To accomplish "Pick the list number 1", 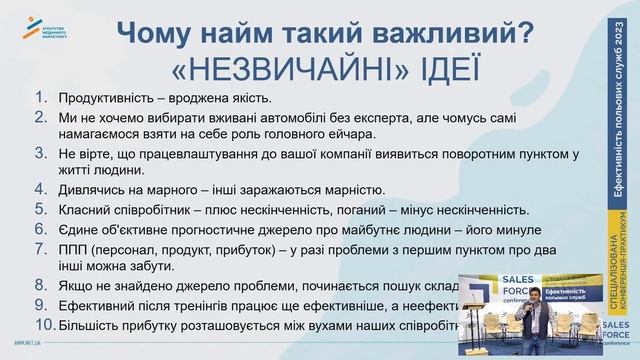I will click(41, 99).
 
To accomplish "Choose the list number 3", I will click(41, 154).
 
